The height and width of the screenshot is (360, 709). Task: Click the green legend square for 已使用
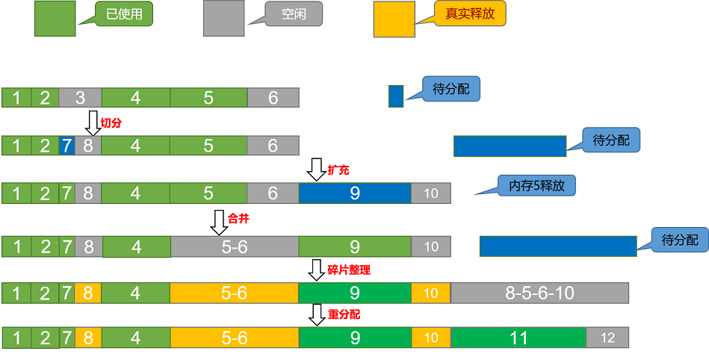(55, 19)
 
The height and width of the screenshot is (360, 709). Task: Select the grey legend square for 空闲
(224, 19)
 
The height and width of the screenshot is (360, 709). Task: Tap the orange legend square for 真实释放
(394, 19)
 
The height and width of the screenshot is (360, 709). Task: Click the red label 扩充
(338, 170)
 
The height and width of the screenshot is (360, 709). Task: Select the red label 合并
(239, 220)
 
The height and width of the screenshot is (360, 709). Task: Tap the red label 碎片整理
(349, 270)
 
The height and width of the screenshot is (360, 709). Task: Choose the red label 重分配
(344, 314)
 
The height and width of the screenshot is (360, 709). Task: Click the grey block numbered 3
(80, 97)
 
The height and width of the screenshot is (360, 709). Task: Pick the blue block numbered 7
(66, 146)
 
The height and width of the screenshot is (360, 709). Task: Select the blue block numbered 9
(355, 193)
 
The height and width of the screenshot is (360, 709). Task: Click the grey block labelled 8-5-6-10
(539, 293)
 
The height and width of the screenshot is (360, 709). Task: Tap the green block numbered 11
(518, 338)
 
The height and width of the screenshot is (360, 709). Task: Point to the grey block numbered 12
(607, 338)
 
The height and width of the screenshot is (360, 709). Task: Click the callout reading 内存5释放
(536, 185)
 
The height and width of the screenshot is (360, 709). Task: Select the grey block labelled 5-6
(235, 246)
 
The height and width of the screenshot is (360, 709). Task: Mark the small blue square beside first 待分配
(396, 96)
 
